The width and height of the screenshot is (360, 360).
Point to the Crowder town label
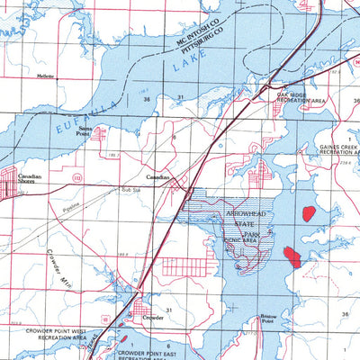(153, 318)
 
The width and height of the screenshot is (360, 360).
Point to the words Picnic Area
(241, 240)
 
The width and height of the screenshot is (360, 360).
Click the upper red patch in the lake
(309, 214)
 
